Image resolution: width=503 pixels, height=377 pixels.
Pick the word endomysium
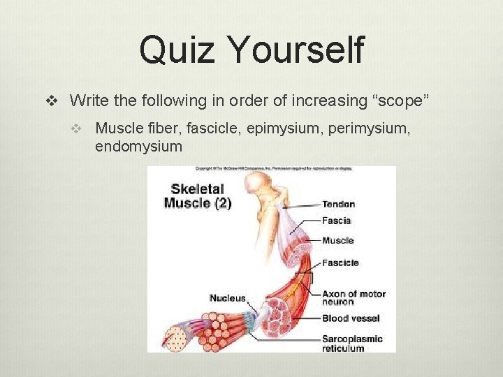point(138,147)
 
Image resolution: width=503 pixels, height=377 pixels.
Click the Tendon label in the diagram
point(338,205)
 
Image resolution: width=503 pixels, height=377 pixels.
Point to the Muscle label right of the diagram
point(337,241)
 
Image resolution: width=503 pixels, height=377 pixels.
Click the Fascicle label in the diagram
point(340,263)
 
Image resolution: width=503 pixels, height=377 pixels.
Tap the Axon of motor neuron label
point(353,298)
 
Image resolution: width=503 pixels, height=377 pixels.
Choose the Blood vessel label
point(351,318)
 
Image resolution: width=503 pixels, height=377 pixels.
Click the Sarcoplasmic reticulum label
point(352,343)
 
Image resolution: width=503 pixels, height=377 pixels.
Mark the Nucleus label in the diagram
point(228,298)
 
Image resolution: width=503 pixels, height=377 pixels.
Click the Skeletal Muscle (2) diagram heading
point(198,196)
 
